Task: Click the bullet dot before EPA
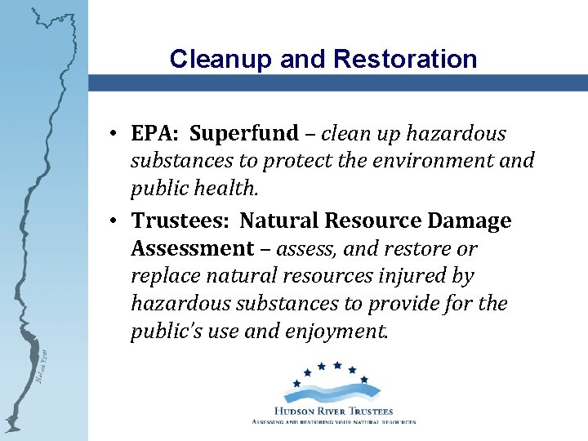118,134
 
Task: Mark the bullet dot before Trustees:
118,221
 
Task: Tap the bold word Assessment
191,248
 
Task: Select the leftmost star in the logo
297,382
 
